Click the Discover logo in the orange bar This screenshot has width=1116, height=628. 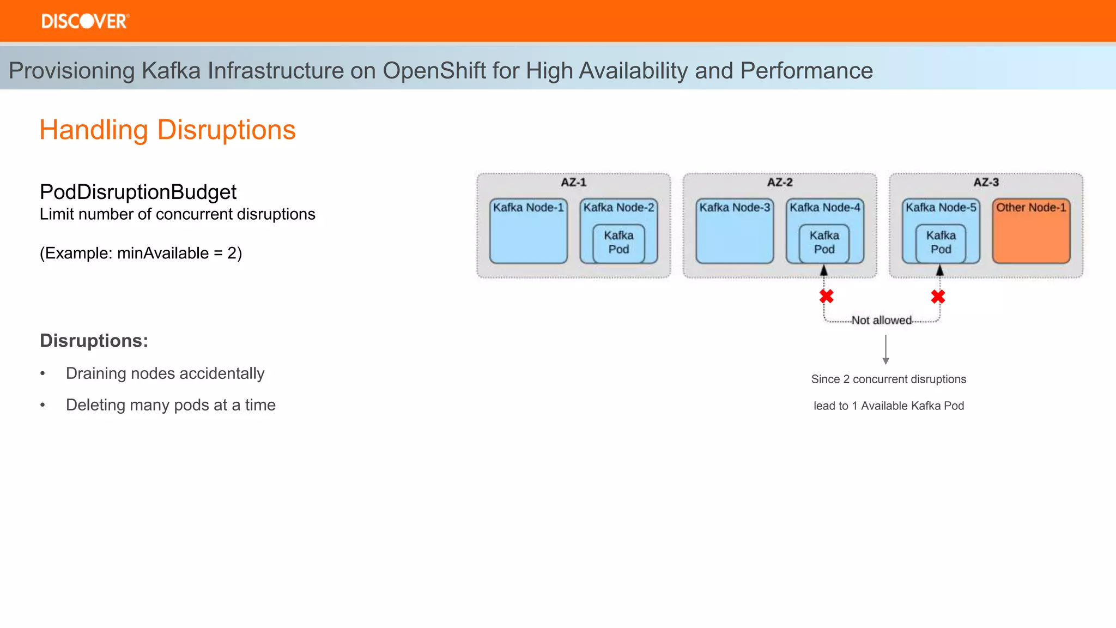click(x=85, y=21)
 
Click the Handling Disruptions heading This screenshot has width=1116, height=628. click(x=167, y=130)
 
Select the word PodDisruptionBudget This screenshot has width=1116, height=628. click(x=138, y=192)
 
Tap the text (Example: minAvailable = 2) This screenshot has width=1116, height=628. click(x=141, y=253)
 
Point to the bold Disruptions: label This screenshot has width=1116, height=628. click(x=94, y=341)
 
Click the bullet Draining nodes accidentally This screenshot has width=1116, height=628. click(x=165, y=373)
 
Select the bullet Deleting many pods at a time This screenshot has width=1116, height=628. click(x=171, y=405)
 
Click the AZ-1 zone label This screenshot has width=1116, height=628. click(x=573, y=183)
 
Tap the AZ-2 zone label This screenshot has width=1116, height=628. click(x=780, y=183)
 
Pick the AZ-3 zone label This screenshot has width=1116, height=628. click(x=986, y=183)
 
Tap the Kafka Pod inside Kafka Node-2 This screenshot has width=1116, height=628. click(x=618, y=243)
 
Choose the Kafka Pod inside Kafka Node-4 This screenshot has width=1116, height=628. click(x=824, y=243)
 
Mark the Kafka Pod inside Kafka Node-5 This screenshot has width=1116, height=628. click(x=941, y=243)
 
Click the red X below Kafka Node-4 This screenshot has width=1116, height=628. click(x=827, y=297)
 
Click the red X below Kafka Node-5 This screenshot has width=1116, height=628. click(x=938, y=297)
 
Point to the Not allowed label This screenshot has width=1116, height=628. click(x=881, y=321)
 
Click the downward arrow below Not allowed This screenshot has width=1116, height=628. click(x=885, y=350)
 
